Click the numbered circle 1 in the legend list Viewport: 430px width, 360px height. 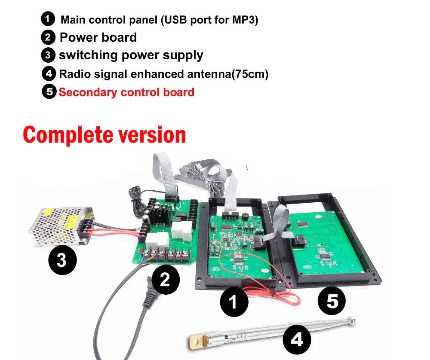click(48, 19)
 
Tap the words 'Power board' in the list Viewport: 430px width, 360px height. click(98, 37)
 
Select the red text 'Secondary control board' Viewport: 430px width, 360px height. click(126, 92)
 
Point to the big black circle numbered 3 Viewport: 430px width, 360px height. click(62, 260)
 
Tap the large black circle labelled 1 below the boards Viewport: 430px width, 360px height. click(234, 302)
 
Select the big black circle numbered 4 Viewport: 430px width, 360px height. click(297, 340)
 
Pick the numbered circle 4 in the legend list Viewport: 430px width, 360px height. click(49, 73)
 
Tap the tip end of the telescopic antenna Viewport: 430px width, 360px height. click(352, 320)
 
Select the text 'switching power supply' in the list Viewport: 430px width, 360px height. click(131, 55)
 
